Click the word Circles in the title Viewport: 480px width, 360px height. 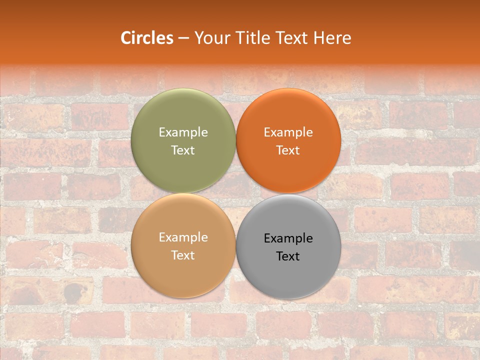click(146, 38)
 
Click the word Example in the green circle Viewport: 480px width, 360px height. click(183, 132)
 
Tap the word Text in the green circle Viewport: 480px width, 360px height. click(183, 150)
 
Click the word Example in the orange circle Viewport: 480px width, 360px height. click(288, 132)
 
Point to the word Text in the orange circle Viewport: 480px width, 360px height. click(288, 150)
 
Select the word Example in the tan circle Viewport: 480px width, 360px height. click(183, 237)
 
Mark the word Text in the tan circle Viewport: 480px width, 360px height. click(183, 255)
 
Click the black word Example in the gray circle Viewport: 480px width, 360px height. click(288, 238)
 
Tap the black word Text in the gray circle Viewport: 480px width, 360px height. click(288, 256)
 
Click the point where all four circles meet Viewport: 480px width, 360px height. click(236, 193)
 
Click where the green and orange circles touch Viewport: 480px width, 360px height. click(236, 140)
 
